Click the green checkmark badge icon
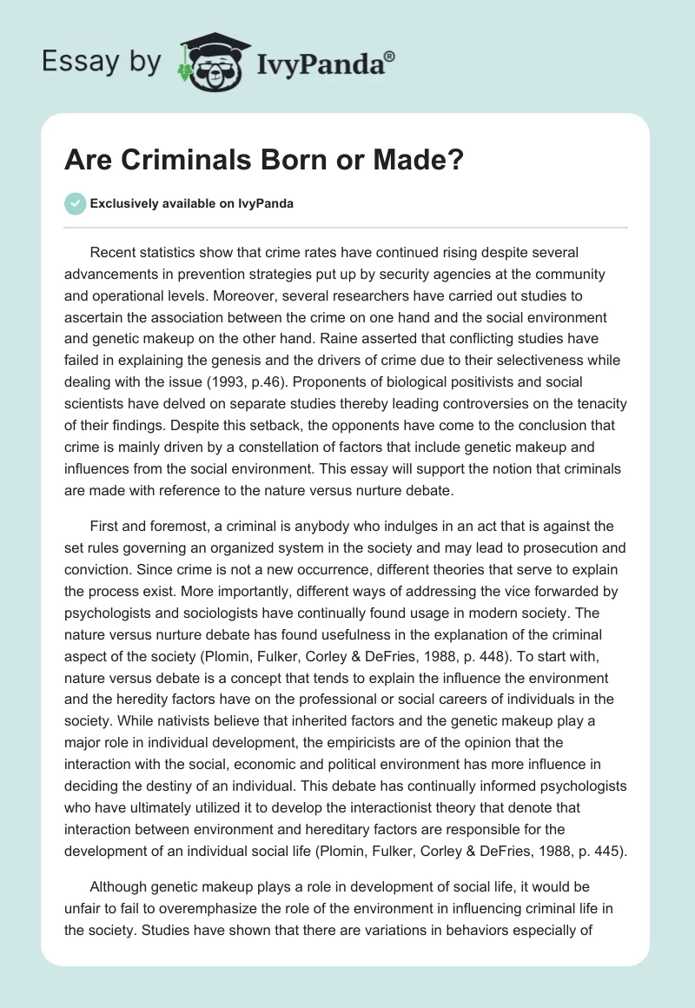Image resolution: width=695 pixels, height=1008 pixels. point(75,203)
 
